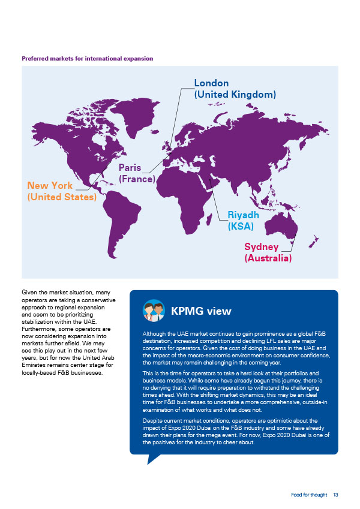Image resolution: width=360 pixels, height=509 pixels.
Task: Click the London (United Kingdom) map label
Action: [235, 89]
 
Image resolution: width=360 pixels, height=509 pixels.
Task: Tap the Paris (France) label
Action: [137, 173]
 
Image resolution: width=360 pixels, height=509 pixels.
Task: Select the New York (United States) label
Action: [62, 191]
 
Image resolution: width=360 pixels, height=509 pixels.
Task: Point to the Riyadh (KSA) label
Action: [243, 220]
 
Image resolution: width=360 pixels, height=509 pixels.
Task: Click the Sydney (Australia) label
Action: [268, 252]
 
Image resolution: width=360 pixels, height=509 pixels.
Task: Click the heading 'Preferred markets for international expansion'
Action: [87, 59]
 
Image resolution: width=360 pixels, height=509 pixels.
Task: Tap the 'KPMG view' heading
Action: [201, 311]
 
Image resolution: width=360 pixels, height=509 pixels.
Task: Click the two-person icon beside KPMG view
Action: [154, 311]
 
